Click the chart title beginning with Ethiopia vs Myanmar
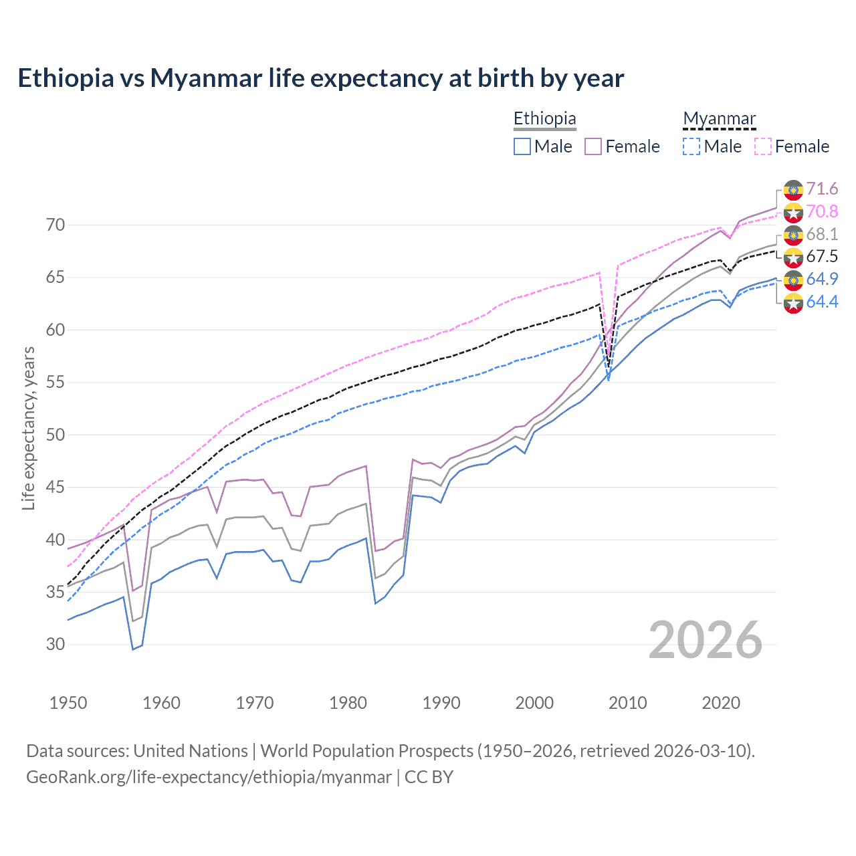320,78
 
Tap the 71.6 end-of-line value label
822,189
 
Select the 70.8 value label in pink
822,212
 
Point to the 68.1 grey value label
822,234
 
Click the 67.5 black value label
822,257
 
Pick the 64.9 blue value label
822,279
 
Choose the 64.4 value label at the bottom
822,302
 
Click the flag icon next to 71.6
793,190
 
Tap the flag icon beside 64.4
793,303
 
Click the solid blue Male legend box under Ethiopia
522,146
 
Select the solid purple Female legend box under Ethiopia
593,146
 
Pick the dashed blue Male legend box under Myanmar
691,146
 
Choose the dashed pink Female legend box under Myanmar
763,146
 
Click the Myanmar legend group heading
719,119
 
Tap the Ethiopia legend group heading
544,119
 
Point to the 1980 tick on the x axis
348,703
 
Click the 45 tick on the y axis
56,488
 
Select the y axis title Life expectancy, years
29,428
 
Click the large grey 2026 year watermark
705,640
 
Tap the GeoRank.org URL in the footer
209,777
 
